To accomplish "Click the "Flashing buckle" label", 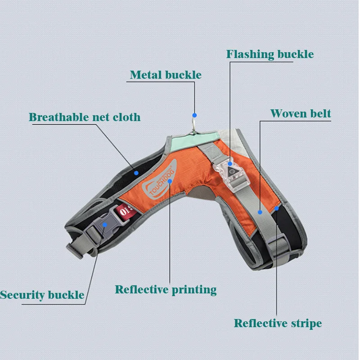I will pos(270,54).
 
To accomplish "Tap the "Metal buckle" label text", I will pos(165,75).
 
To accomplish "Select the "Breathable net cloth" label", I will pos(85,117).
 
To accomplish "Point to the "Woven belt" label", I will pos(300,113).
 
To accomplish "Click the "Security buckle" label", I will pos(42,295).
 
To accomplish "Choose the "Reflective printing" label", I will pos(166,289).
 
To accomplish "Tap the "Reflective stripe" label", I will pos(278,323).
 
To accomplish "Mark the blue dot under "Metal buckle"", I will pos(194,115).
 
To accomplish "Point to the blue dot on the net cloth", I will pos(136,171).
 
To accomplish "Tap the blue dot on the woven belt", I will pos(260,211).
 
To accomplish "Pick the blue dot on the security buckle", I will pos(105,224).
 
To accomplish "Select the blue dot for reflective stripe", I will pos(277,208).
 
